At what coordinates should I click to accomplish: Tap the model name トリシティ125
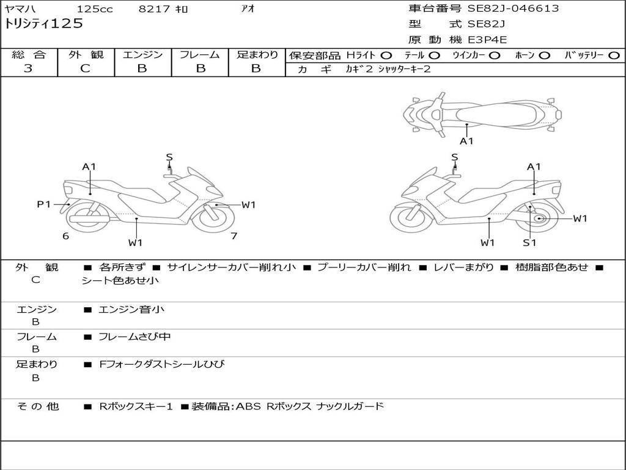(43, 24)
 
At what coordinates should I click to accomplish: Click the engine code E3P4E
(488, 40)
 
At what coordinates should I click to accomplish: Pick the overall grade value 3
(28, 69)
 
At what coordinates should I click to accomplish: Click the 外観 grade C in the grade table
(86, 69)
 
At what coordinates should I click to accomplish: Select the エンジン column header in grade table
(142, 55)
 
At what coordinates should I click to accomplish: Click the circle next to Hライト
(386, 56)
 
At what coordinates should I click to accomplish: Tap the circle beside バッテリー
(614, 56)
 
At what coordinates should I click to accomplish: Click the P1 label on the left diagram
(43, 204)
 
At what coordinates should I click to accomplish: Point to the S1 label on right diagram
(529, 242)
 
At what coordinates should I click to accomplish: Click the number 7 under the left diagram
(234, 236)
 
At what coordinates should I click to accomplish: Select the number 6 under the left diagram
(65, 236)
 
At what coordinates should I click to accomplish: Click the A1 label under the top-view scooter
(466, 141)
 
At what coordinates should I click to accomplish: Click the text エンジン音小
(131, 310)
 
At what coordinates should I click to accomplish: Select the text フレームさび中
(134, 337)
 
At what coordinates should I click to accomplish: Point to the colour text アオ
(248, 9)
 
